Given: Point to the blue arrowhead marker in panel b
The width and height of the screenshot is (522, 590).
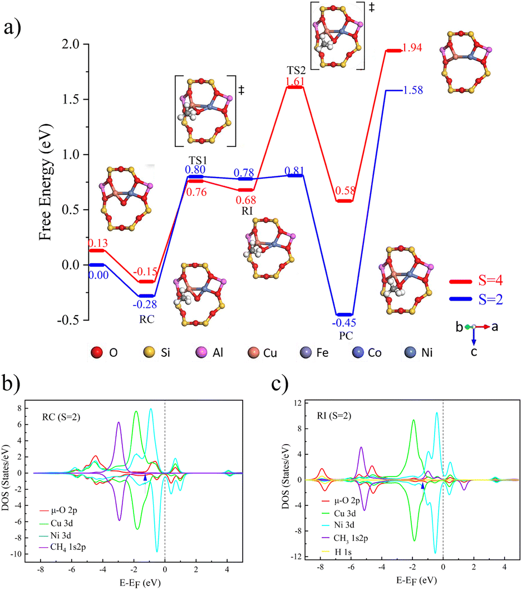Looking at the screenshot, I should [145, 478].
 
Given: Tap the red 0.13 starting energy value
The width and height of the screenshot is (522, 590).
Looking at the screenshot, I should [97, 243].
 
